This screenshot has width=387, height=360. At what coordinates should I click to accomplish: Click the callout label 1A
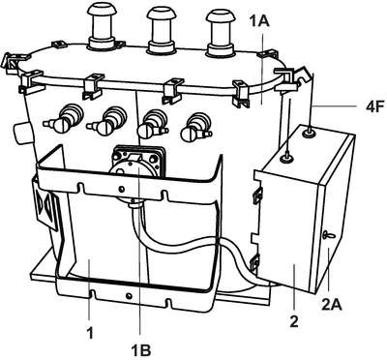point(259,22)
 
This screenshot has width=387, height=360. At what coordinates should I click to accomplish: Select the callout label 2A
point(332,304)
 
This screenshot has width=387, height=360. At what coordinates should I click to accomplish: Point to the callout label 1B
point(141,348)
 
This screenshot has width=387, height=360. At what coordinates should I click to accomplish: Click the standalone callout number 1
point(90,333)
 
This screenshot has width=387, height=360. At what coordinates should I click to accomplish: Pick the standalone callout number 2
point(294,321)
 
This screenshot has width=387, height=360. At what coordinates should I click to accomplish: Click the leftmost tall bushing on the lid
point(102,26)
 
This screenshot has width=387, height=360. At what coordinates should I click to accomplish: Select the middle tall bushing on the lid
point(163,28)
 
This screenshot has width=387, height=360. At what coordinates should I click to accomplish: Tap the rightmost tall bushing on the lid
point(222,32)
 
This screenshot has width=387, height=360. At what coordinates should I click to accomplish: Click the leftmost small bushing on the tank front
point(64,118)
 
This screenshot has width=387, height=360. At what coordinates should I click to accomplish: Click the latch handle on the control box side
point(329,235)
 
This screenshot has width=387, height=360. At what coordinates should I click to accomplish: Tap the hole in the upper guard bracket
point(121,189)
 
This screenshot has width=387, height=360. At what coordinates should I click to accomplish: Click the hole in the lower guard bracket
point(129,295)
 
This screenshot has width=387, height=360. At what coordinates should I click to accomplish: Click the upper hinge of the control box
point(257,195)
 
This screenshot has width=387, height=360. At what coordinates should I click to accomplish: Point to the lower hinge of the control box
point(255,261)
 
